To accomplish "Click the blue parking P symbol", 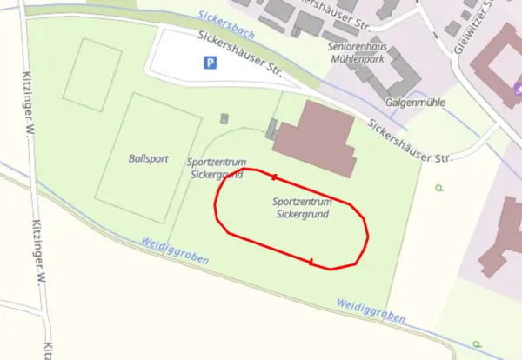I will coord(209,63).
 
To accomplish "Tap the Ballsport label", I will coord(148,159).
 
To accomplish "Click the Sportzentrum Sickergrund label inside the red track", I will coord(302,208).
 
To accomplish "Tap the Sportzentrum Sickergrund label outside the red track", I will coord(217,168).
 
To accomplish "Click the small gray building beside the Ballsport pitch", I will coord(226,118).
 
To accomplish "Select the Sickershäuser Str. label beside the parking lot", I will coord(240,53).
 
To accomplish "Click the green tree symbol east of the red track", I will coord(439,187).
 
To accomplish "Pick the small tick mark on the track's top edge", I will coord(274,177).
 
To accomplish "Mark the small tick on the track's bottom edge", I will coord(311,261).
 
